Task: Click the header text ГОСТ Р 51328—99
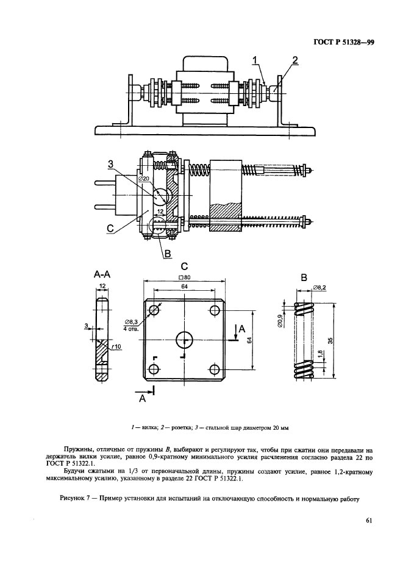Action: [x=343, y=42]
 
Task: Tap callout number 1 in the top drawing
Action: [x=256, y=60]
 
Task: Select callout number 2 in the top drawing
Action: [x=294, y=60]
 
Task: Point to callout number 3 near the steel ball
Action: [x=110, y=165]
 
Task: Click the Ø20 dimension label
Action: [x=143, y=179]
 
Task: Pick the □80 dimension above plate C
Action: [x=185, y=277]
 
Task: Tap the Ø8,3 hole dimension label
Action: [x=130, y=322]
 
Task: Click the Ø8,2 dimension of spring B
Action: [x=319, y=288]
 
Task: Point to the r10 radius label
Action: [x=116, y=347]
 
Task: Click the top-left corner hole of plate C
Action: [x=154, y=310]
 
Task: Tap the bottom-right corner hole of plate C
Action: [x=215, y=369]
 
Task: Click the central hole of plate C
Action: [x=185, y=340]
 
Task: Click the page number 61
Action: [x=369, y=520]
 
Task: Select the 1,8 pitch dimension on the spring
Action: [x=319, y=354]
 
